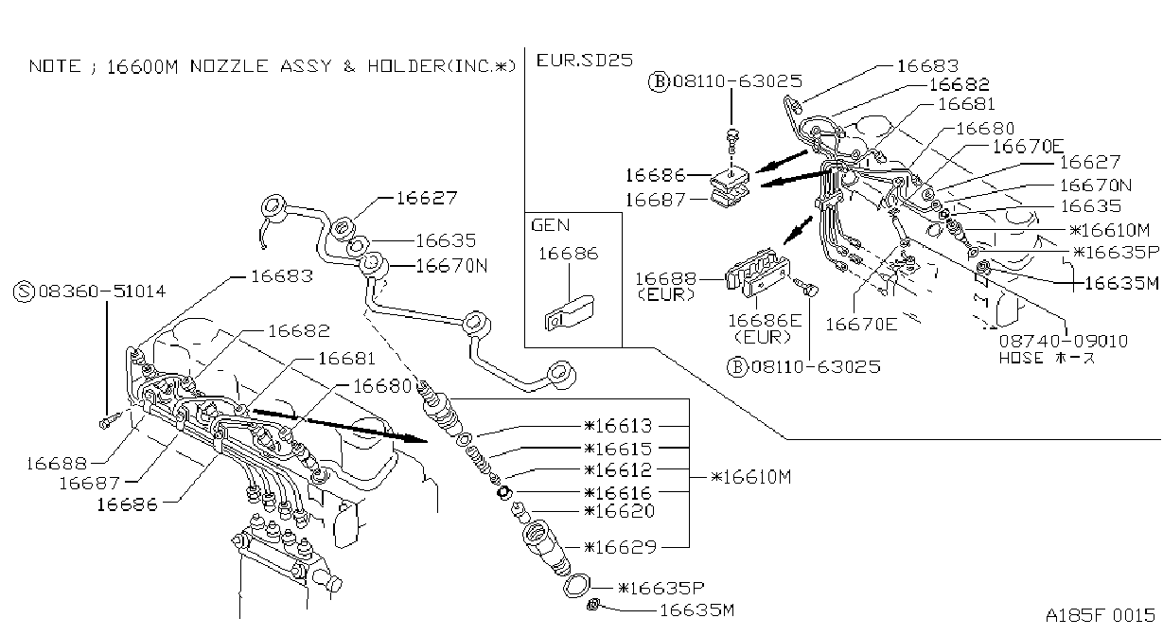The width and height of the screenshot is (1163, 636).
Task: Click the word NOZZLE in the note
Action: coord(229,66)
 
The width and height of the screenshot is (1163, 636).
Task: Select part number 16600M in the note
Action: coord(142,67)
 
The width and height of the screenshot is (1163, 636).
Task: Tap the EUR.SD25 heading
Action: coord(585,61)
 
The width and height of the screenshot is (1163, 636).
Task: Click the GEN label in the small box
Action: coord(551,225)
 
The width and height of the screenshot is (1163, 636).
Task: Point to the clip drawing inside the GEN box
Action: coord(569,313)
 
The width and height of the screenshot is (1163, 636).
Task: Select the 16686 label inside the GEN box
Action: coord(569,254)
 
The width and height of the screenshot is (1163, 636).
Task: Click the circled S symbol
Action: coord(24,291)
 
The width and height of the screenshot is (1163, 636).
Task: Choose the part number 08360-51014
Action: coord(102,291)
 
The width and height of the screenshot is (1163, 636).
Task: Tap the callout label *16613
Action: coord(618,426)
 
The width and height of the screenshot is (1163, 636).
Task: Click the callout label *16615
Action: coord(618,448)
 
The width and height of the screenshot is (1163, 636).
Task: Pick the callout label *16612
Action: coord(618,469)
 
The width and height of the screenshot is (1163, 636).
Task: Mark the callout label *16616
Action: coord(618,492)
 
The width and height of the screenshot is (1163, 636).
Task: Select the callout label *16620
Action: coord(620,511)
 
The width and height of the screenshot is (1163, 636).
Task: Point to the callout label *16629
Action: coord(621,547)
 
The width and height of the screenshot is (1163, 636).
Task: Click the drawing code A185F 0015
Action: coord(1101,615)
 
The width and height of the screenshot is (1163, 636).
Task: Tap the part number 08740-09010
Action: coord(1064,341)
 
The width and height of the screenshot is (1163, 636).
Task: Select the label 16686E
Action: coord(765,321)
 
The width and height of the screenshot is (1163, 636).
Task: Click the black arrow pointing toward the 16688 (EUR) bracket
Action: coord(798,230)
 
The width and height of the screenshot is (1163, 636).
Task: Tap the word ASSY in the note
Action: coord(306,66)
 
